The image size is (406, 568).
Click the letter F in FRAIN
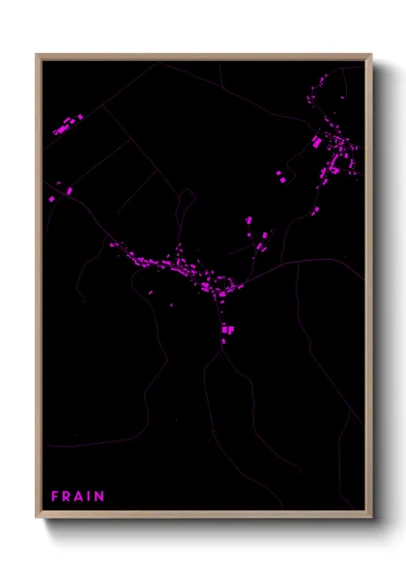(x=55, y=497)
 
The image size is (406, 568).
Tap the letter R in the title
(x=68, y=497)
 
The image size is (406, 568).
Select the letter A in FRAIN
(x=80, y=497)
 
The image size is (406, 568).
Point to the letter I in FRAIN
(x=90, y=497)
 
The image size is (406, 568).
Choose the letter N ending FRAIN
(x=100, y=497)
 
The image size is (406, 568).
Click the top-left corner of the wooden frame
(x=38, y=55)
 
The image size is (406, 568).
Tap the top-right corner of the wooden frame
(x=370, y=55)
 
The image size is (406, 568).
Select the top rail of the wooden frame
(x=203, y=56)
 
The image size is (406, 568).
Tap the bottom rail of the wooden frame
(x=203, y=515)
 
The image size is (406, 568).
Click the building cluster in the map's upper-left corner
(x=67, y=125)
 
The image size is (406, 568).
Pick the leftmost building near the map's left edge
(x=52, y=198)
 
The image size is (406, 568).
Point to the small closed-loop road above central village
(x=185, y=203)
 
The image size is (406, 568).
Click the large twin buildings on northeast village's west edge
(x=317, y=142)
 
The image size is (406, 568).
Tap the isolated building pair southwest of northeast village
(x=280, y=176)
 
